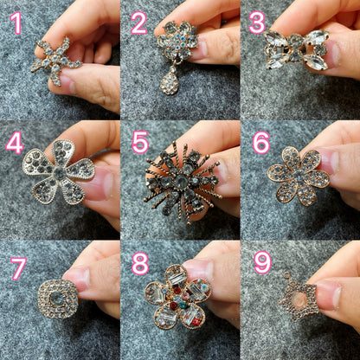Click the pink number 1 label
coord(16,23)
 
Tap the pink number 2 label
coord(138,23)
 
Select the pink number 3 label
coord(257,23)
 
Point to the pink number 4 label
coord(14,143)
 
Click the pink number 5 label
coord(140,143)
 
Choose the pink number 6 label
coord(260,143)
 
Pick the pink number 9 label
coord(261,263)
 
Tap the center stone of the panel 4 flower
coord(59,172)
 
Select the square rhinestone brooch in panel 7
coord(57,299)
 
